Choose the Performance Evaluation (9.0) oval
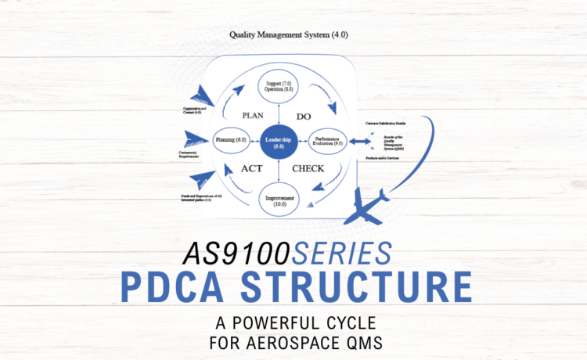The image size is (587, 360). coord(328,141)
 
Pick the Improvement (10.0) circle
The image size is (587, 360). coord(279,201)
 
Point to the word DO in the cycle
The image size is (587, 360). coord(304,116)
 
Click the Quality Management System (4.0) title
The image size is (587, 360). coord(277,34)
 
